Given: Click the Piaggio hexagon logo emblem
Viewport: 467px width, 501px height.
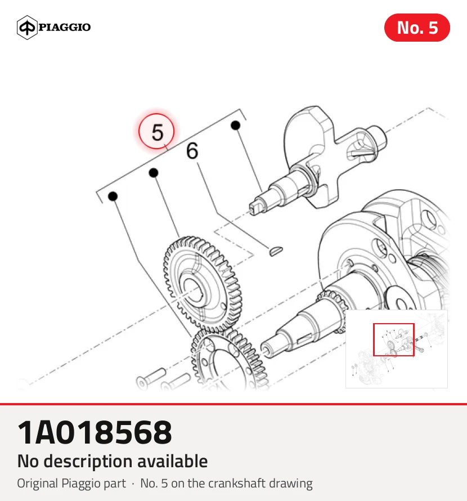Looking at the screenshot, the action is pos(27,28).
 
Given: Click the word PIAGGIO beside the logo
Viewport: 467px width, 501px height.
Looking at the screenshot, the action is pos(65,27).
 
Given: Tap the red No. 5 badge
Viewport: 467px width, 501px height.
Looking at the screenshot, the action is pos(417,28).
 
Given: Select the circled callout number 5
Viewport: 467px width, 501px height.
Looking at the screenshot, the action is pos(156,131).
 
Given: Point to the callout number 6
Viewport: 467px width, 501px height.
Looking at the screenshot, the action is pos(192,151).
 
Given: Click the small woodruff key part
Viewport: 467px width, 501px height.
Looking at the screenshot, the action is pos(275,250).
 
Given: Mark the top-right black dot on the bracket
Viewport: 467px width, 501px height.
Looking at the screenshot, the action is pos(235,125).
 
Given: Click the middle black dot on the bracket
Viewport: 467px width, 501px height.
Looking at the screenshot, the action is pos(154,173).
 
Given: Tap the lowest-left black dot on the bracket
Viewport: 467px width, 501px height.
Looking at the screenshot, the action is pos(113,196).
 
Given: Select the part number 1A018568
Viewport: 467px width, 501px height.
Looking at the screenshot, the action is pos(95,433).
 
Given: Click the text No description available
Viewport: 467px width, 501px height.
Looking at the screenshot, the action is pos(113,461).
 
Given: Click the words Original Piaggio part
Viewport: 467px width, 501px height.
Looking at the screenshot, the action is pos(71,484).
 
